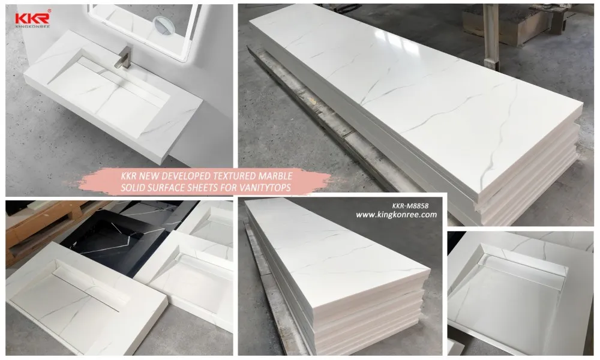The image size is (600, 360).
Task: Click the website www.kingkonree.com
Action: (397, 214)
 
